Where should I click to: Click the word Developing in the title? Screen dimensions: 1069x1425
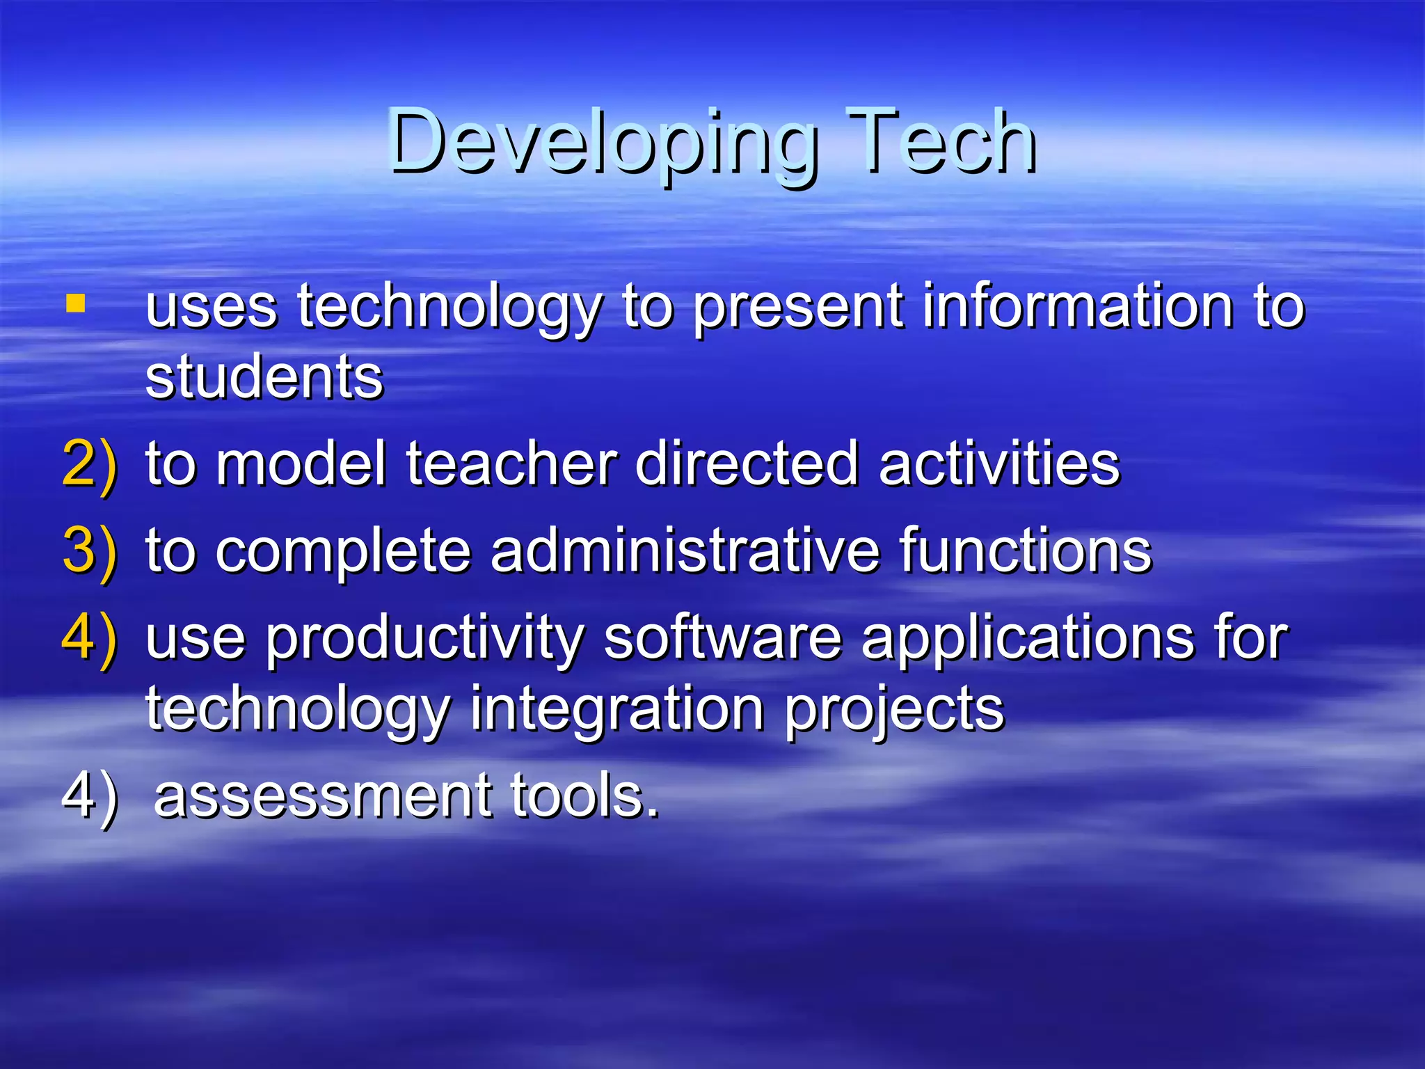(603, 143)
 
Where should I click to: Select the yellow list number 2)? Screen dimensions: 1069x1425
(90, 465)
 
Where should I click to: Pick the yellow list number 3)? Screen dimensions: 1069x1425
(90, 551)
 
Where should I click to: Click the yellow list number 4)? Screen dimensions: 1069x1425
(90, 638)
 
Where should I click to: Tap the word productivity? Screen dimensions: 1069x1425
(424, 640)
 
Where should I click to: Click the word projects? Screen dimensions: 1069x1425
(895, 710)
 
